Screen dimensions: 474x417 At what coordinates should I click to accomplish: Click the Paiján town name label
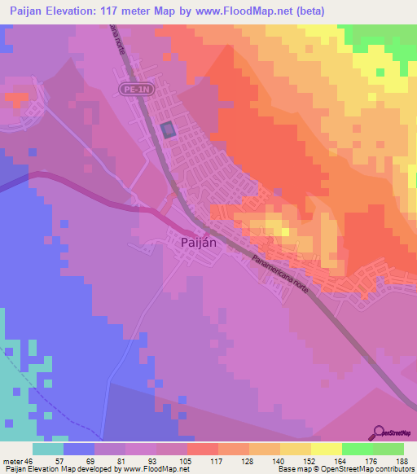(197, 242)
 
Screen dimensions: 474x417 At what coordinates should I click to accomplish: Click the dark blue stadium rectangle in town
(168, 129)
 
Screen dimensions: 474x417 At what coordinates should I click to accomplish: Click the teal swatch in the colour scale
(48, 449)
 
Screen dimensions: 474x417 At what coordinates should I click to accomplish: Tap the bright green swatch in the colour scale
(358, 449)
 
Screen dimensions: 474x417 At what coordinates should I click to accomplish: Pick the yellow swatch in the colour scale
(327, 449)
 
